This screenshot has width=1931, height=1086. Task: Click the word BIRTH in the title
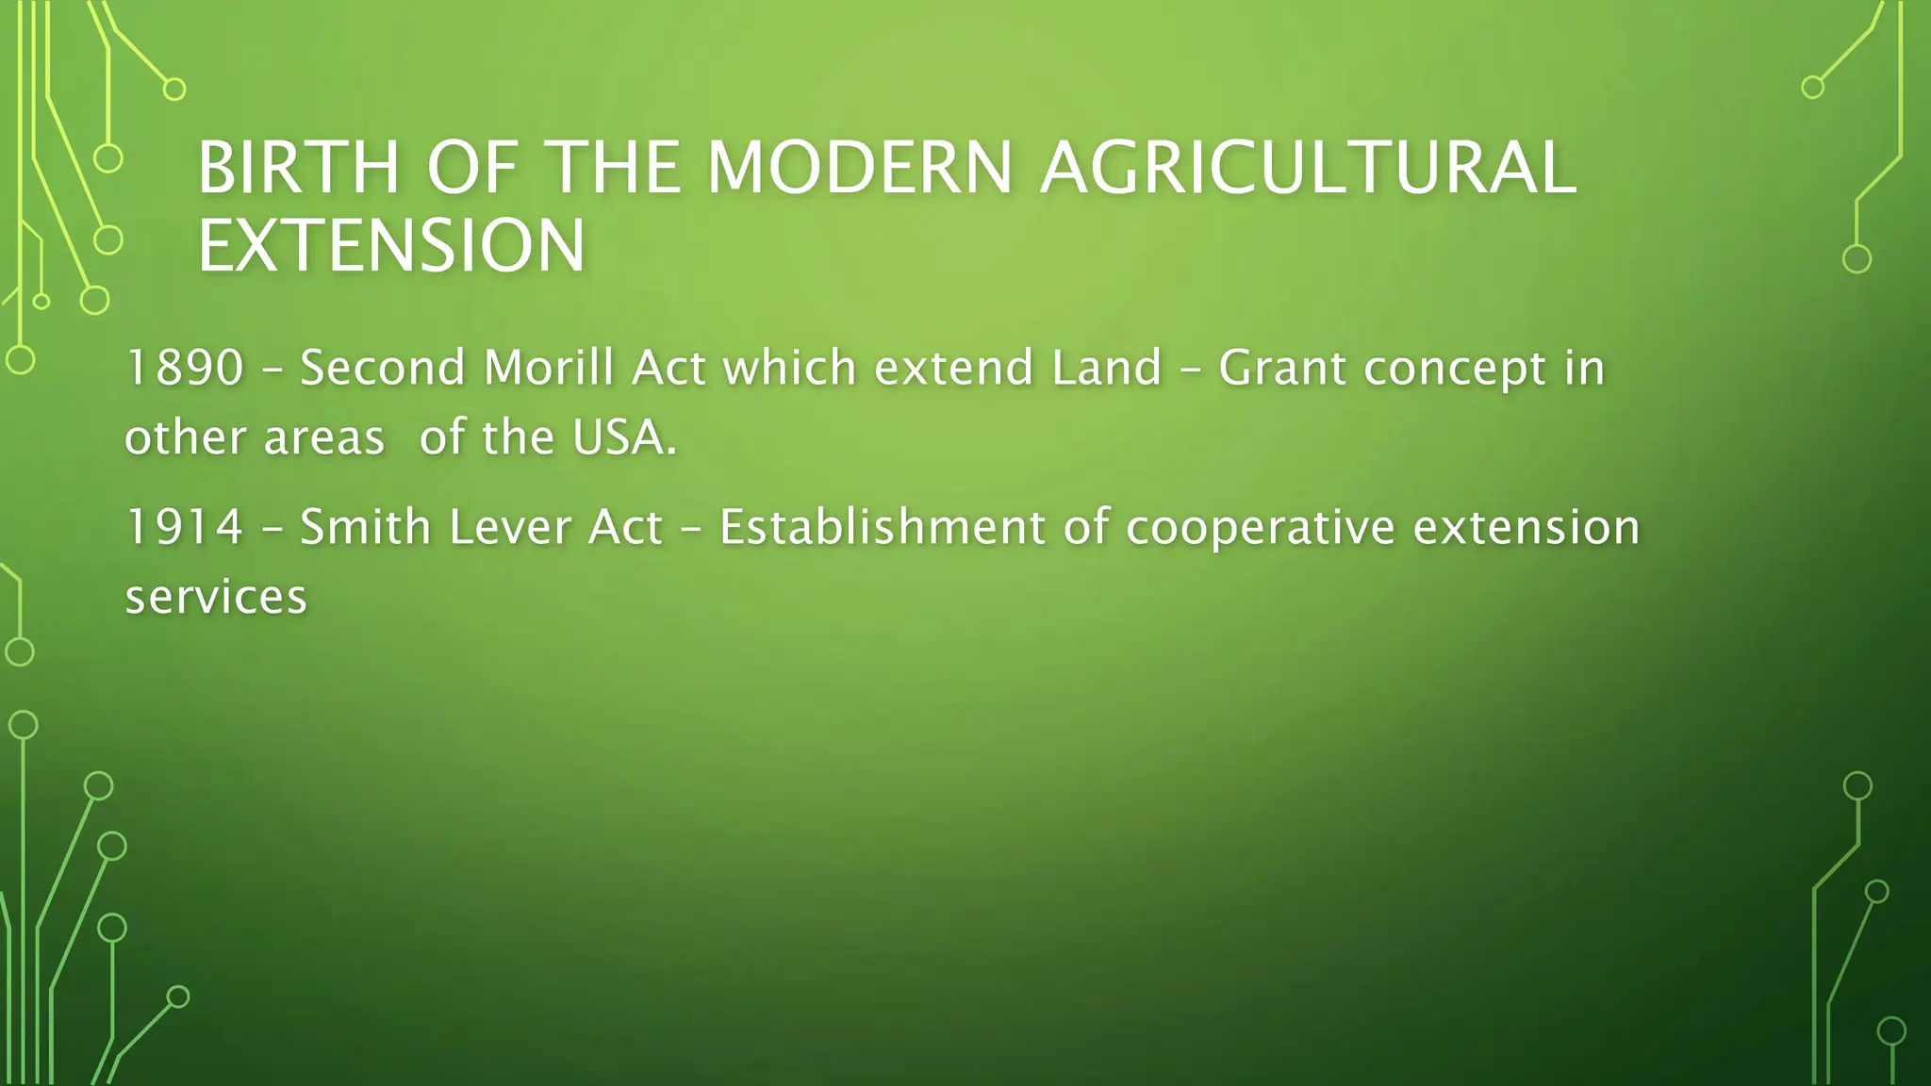299,168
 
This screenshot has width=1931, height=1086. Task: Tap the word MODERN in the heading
859,168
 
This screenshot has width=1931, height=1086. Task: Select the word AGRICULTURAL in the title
1307,168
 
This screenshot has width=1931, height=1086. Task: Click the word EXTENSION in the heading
391,246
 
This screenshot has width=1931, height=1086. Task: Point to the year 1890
185,368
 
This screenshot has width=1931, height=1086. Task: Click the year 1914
185,527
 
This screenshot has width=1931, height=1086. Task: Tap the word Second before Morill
382,368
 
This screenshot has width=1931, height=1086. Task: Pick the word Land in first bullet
1106,368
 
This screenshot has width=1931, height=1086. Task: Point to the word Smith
365,527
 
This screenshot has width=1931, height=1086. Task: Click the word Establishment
882,527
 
